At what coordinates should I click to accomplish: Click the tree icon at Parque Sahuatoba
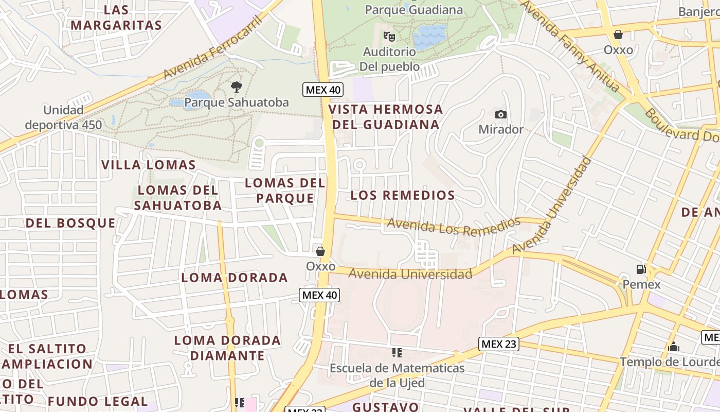[236, 87]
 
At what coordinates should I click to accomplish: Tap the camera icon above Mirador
[500, 114]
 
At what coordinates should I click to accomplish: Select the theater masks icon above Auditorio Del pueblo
[389, 37]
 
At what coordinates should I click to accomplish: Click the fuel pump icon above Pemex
[641, 269]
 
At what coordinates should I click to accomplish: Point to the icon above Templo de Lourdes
[673, 347]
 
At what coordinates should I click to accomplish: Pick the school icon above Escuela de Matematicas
[397, 353]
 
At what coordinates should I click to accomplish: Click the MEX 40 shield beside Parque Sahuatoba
[322, 90]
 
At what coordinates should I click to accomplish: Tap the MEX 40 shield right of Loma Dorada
[319, 295]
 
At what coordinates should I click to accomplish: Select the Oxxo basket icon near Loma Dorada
[320, 251]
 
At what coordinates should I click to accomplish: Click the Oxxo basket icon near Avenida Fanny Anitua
[618, 35]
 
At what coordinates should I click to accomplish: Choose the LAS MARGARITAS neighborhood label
[116, 18]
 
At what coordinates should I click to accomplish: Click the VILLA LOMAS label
[149, 165]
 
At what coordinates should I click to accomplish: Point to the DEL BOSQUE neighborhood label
[70, 223]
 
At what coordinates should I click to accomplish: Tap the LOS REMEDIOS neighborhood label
[403, 195]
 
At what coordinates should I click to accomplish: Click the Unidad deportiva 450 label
[63, 117]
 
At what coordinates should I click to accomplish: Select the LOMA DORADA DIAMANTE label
[227, 348]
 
